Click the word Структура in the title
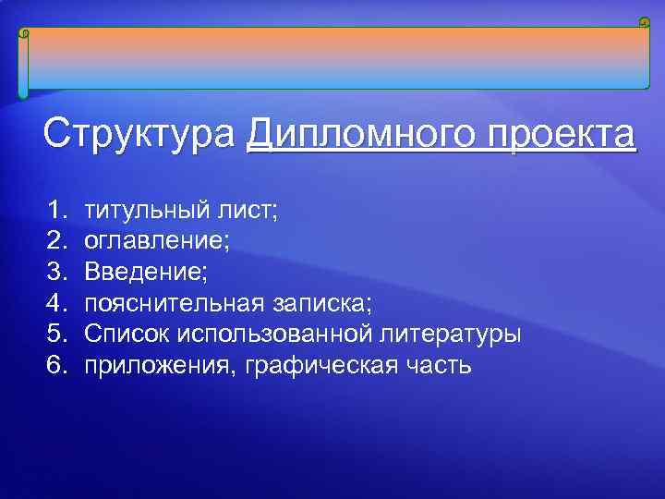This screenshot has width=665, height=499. coord(139,135)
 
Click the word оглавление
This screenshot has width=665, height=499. coord(155,241)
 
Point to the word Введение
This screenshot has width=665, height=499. coord(144,272)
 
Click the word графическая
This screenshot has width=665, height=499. coord(310,366)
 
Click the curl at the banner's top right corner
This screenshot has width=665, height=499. coord(644,22)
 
